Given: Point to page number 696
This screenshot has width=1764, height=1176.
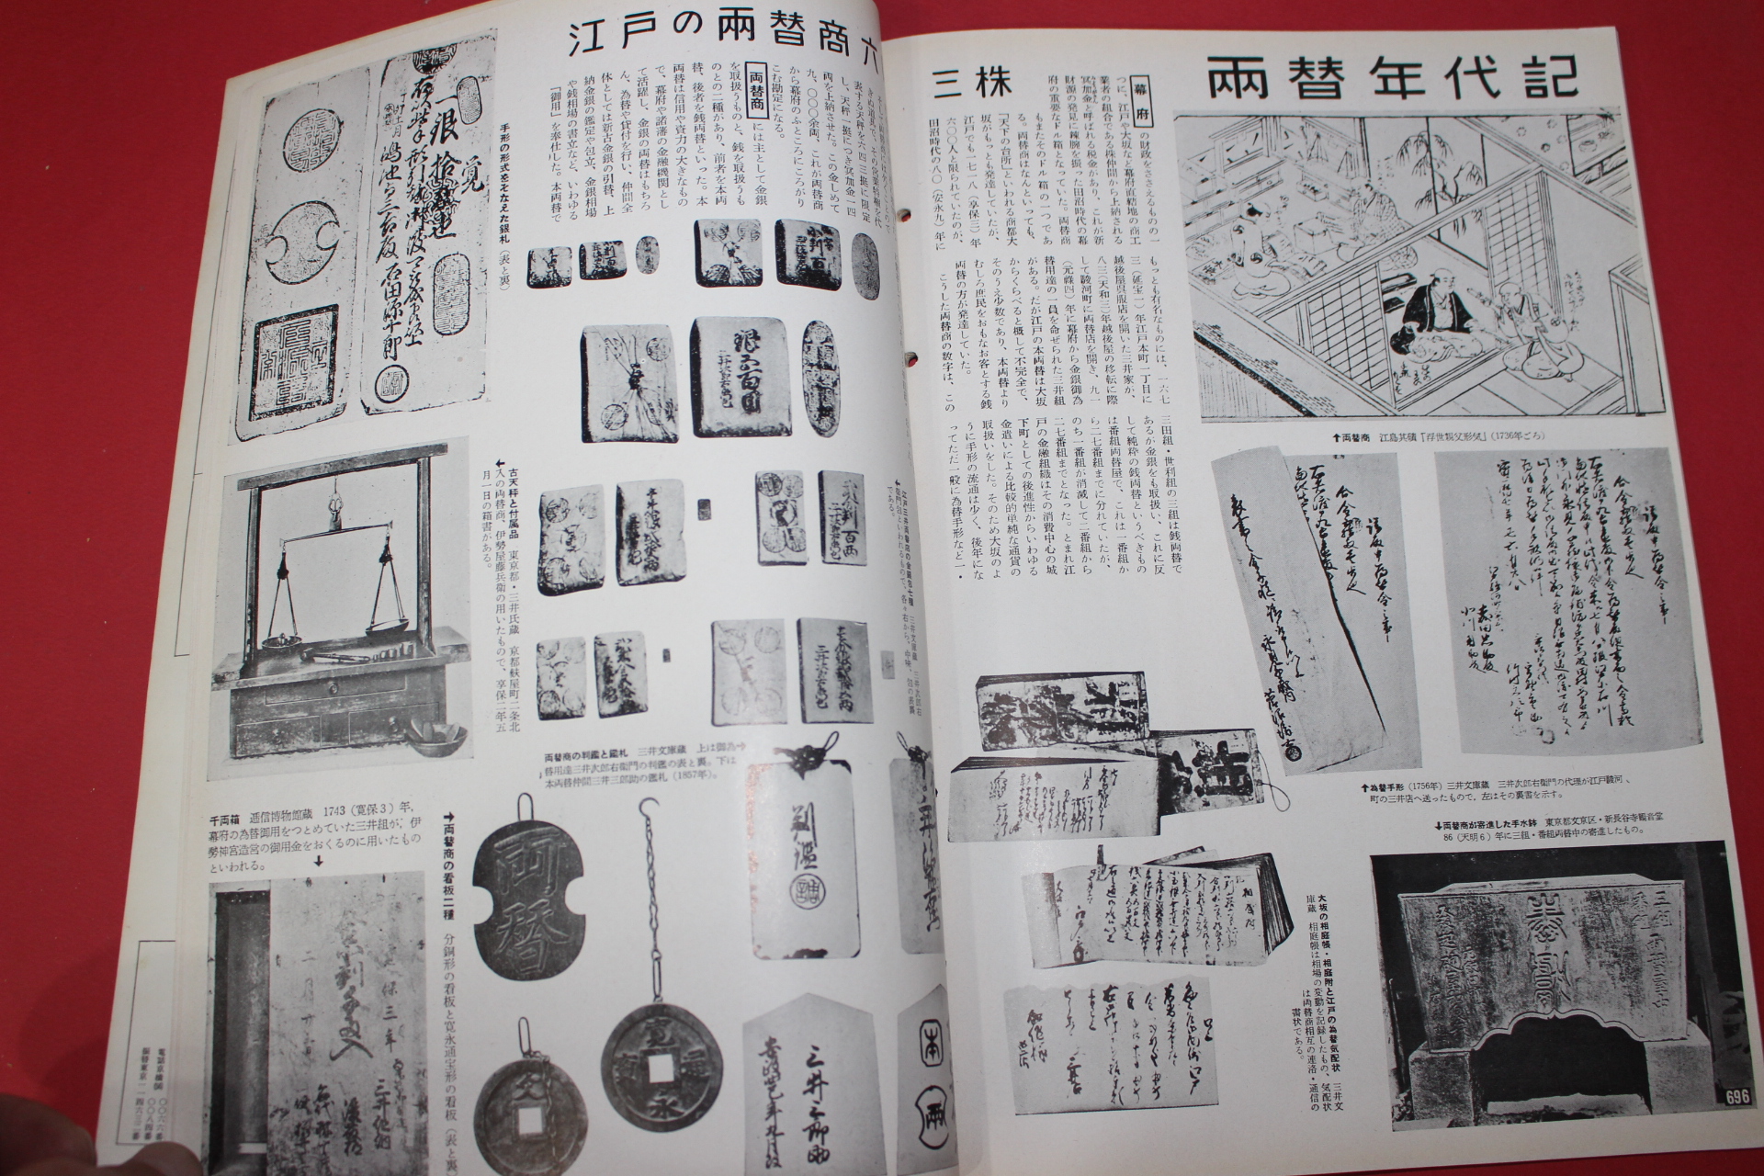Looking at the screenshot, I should (1735, 1098).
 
